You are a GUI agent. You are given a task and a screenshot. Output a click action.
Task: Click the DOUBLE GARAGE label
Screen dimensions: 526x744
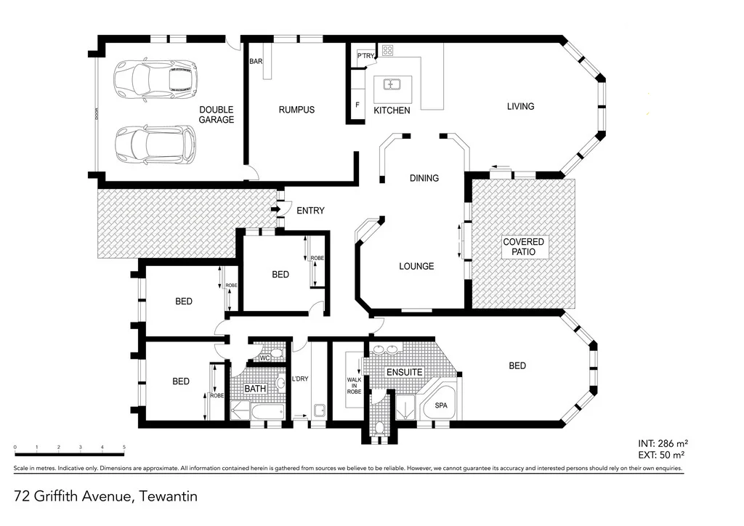[217, 115]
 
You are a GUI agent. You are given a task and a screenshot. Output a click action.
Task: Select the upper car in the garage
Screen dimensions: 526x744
[155, 79]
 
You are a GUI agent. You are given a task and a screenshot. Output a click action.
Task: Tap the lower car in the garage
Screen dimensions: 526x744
[155, 145]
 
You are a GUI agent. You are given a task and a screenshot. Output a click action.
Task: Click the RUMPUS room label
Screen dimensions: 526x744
[296, 110]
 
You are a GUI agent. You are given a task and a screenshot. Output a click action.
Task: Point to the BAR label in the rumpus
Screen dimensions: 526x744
[256, 62]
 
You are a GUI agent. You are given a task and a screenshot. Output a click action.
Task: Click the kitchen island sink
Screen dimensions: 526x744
[392, 84]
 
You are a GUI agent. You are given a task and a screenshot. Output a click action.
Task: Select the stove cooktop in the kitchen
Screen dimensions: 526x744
[388, 51]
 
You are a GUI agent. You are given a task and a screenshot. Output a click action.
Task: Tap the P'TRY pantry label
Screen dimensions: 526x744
[364, 55]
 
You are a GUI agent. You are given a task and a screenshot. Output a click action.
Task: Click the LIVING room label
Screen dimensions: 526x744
[520, 107]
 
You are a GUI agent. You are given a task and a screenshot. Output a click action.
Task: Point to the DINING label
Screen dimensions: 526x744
[424, 178]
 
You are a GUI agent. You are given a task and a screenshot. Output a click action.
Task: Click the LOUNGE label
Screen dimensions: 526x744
[416, 267]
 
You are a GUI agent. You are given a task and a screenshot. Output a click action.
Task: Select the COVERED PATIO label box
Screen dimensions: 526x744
[523, 246]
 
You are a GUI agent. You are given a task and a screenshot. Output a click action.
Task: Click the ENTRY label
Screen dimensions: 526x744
[310, 211]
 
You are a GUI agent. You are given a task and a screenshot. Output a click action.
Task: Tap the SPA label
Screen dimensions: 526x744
[440, 406]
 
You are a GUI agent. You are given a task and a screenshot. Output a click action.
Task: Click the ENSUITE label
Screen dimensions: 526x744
[404, 372]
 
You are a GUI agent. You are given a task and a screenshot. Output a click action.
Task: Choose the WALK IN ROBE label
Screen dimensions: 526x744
[355, 381]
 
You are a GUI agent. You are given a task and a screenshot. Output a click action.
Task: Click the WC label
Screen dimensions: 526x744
[264, 357]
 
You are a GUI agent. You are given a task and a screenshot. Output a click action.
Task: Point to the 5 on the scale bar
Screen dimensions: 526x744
[124, 448]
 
